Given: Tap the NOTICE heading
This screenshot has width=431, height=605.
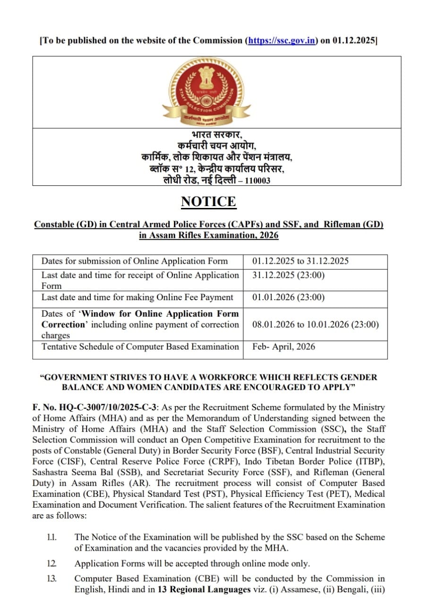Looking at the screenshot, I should [x=208, y=201].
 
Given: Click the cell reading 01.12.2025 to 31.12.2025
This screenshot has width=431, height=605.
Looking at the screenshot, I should [x=300, y=261].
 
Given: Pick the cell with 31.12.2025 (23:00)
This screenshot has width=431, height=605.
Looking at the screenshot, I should [x=288, y=275].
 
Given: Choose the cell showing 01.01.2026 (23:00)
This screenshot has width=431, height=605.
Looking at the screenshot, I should [x=288, y=297].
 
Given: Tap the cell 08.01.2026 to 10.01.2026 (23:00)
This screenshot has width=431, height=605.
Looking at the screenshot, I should [x=315, y=324].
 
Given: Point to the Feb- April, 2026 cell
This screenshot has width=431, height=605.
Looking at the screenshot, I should [x=284, y=346].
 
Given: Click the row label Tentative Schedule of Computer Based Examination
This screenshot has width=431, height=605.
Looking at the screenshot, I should [x=140, y=346].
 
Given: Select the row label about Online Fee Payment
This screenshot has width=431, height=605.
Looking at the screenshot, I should [x=137, y=297].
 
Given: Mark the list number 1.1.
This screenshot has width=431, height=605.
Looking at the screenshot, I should [x=52, y=537].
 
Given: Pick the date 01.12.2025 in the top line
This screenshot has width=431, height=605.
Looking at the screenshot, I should [x=353, y=41].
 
